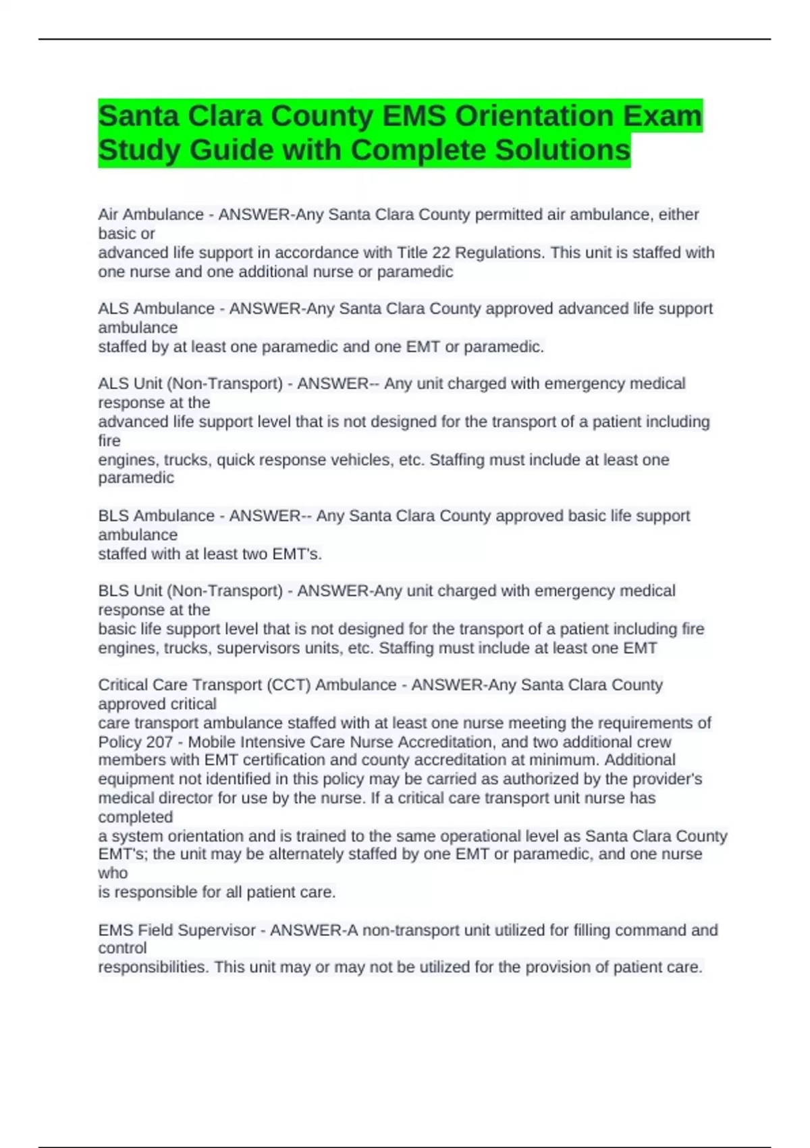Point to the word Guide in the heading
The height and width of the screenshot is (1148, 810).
pyautogui.click(x=232, y=150)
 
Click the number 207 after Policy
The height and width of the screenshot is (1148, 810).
pyautogui.click(x=159, y=741)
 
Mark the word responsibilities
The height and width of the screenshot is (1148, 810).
pyautogui.click(x=152, y=967)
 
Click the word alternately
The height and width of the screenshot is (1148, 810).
pyautogui.click(x=308, y=854)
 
